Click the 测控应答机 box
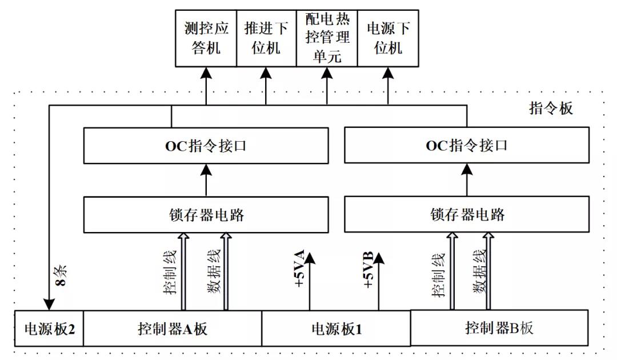(205, 38)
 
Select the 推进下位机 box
(266, 38)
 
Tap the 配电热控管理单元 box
(327, 38)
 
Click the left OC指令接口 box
(206, 145)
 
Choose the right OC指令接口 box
(467, 145)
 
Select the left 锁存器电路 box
(206, 215)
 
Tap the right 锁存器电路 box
(467, 215)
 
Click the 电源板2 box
(49, 329)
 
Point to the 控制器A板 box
(173, 329)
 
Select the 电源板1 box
(336, 329)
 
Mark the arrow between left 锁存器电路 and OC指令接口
(206, 179)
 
